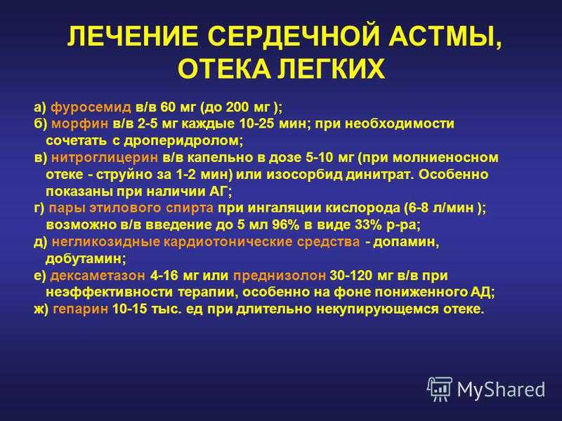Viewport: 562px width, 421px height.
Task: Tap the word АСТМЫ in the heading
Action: pyautogui.click(x=445, y=37)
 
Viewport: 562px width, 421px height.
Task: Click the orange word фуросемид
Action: pyautogui.click(x=91, y=107)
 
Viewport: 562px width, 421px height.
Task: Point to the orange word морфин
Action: pyautogui.click(x=79, y=124)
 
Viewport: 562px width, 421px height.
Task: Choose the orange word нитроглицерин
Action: pyautogui.click(x=105, y=157)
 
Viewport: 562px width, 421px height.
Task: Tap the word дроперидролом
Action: pyautogui.click(x=183, y=141)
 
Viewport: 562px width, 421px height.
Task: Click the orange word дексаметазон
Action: pyautogui.click(x=98, y=276)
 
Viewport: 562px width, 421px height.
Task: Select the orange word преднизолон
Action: pyautogui.click(x=280, y=276)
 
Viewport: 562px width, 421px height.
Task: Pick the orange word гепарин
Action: pyautogui.click(x=80, y=309)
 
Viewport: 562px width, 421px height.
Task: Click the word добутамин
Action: pyautogui.click(x=86, y=259)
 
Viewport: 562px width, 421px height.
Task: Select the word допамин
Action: pyautogui.click(x=406, y=242)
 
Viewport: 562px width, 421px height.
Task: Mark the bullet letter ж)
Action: pyautogui.click(x=41, y=309)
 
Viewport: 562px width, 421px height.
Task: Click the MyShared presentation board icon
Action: pyautogui.click(x=440, y=389)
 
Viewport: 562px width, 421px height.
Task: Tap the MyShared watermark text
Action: pyautogui.click(x=501, y=390)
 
